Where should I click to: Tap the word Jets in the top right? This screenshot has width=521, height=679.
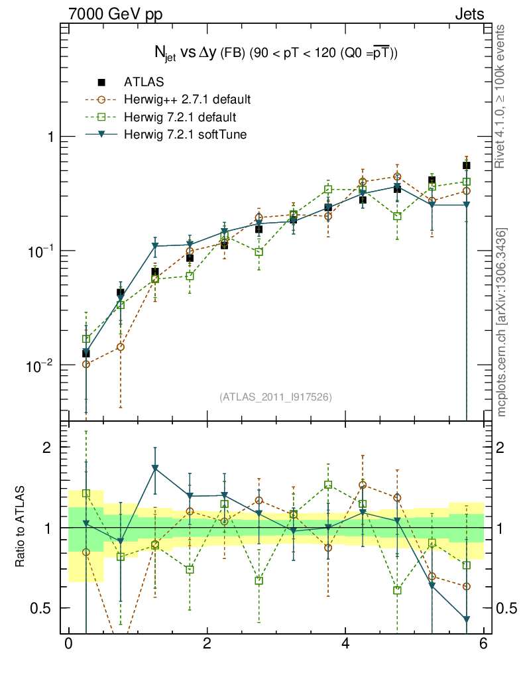tap(469, 13)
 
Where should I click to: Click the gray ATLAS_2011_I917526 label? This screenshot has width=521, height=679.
tap(275, 397)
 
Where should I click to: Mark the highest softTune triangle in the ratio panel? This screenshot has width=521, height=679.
tap(155, 469)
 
